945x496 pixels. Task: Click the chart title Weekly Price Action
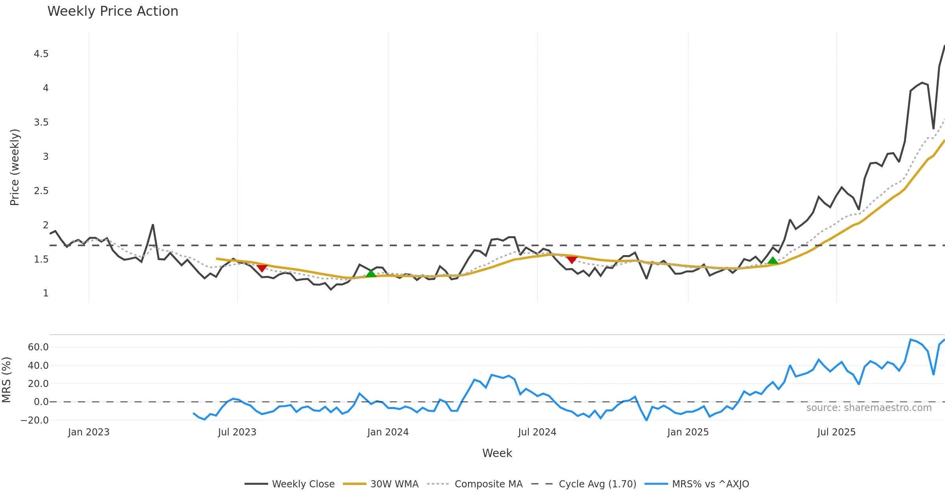coord(113,11)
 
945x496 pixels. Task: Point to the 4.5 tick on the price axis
coord(41,54)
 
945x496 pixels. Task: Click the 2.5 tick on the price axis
coord(41,191)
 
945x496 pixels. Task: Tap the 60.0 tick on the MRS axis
coord(38,347)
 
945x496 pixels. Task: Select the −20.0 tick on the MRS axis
coord(35,420)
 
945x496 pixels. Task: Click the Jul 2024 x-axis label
coord(537,432)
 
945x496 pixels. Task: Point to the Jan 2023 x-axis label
coord(89,432)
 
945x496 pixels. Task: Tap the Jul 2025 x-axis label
coord(836,432)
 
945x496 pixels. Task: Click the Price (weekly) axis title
coord(15,167)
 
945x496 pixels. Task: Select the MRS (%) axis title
coord(6,380)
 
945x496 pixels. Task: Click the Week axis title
coord(497,453)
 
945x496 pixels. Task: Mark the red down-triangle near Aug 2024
coord(572,259)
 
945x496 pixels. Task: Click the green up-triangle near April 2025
coord(773,261)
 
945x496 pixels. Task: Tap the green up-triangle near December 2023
coord(371,274)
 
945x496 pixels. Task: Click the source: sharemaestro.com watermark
coord(869,408)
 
